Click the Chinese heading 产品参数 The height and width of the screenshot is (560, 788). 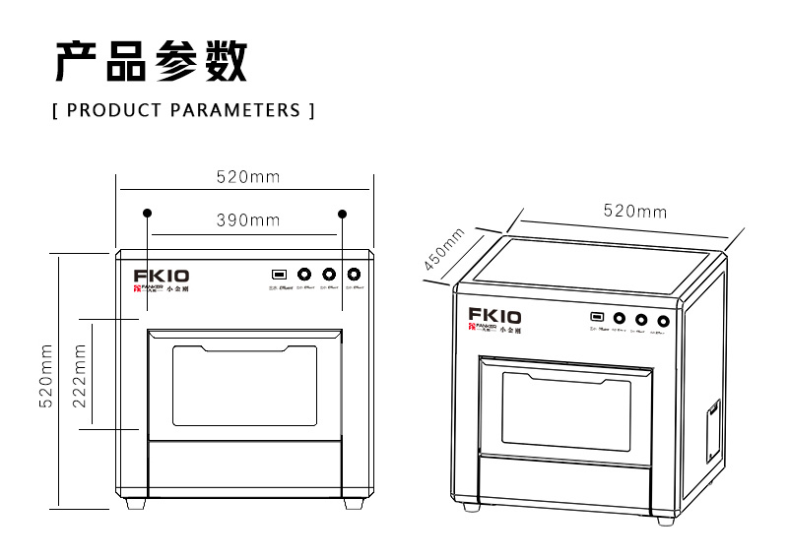tap(150, 61)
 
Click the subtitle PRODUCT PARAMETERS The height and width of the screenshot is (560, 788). tap(183, 109)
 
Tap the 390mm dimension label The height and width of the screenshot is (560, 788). tap(248, 220)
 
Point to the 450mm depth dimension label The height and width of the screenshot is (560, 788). tap(444, 250)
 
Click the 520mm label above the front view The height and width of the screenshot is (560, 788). tap(248, 177)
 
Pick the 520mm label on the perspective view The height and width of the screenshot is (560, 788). tap(634, 212)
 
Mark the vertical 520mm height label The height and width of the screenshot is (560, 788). tap(45, 379)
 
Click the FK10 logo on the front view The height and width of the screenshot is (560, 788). tap(162, 277)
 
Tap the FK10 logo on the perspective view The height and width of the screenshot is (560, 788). tap(494, 317)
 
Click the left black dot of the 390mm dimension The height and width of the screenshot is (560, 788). tap(148, 213)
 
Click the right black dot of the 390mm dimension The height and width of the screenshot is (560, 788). tap(343, 213)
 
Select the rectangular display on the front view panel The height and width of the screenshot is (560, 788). tap(280, 275)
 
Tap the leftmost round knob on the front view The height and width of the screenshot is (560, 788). tap(304, 275)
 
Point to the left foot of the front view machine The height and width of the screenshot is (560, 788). tap(135, 502)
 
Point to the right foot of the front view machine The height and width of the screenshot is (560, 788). tap(352, 502)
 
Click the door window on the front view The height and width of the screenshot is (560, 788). tap(245, 386)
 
